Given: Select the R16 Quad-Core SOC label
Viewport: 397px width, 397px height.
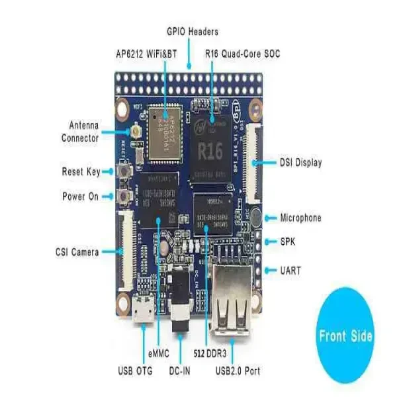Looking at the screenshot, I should coord(242,54).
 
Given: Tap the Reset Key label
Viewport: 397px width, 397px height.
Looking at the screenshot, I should coord(81,172).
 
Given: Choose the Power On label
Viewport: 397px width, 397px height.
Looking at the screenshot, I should coord(81,197).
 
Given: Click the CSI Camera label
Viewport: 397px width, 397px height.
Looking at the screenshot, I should coord(77,251).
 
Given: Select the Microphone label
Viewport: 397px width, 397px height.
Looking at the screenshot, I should coord(300,218).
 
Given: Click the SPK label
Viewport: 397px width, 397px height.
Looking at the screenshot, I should coord(288,242).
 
